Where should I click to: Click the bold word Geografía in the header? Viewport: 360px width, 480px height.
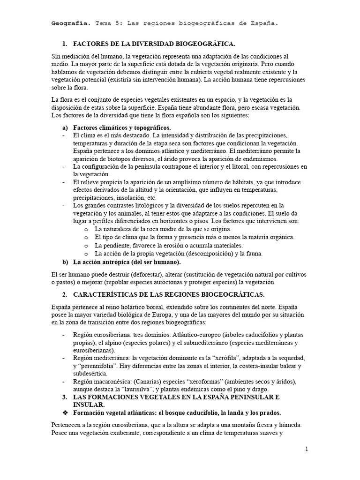coord(70,23)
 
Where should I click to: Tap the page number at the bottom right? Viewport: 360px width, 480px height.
coord(307,449)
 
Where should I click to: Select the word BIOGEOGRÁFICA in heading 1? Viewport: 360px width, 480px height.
coord(207,44)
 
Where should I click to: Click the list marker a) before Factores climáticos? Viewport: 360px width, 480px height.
coord(65,127)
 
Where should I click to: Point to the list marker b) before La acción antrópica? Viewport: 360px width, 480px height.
coord(65,262)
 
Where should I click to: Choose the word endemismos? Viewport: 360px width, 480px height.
coord(247,158)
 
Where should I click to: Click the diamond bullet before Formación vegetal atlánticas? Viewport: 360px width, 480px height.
coord(66,413)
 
